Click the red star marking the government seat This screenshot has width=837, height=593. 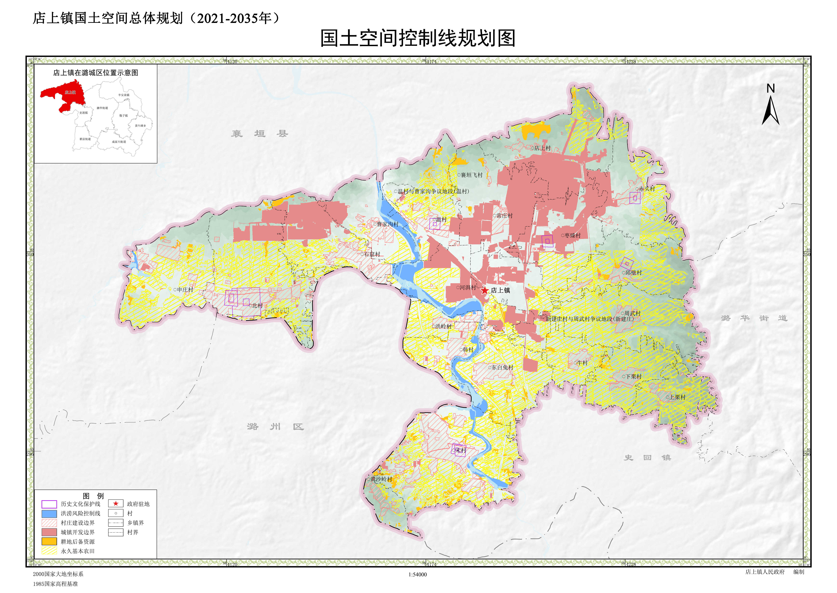click(x=484, y=291)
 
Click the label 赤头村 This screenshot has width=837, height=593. click(x=647, y=189)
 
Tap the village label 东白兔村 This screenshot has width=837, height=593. click(x=502, y=367)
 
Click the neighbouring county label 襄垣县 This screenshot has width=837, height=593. click(x=259, y=134)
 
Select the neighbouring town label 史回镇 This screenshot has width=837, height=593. click(x=647, y=457)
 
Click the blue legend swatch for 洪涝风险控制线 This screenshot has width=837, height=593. click(x=49, y=513)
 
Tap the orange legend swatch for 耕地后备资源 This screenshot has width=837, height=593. click(x=49, y=541)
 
